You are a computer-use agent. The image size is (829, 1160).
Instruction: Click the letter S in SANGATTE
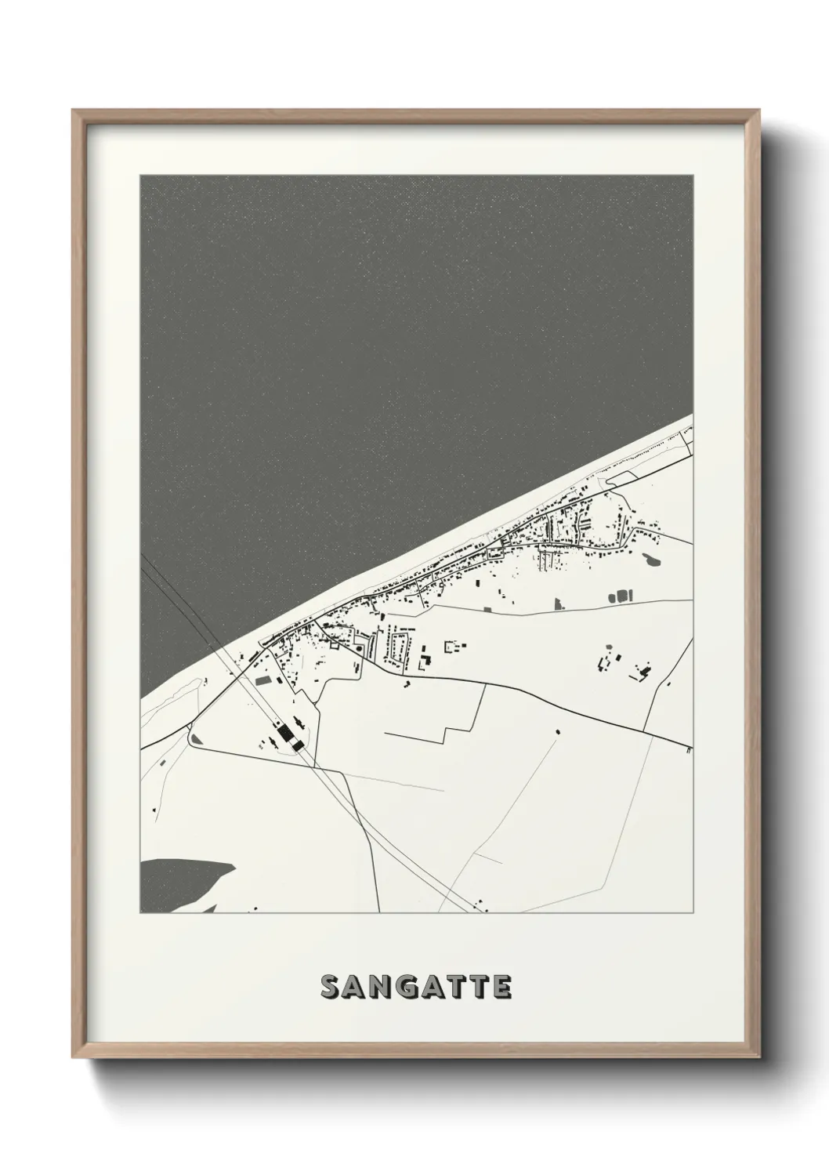(331, 988)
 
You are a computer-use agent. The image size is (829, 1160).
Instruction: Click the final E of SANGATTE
(501, 988)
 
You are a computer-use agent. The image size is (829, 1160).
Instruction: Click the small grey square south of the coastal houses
(488, 607)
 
